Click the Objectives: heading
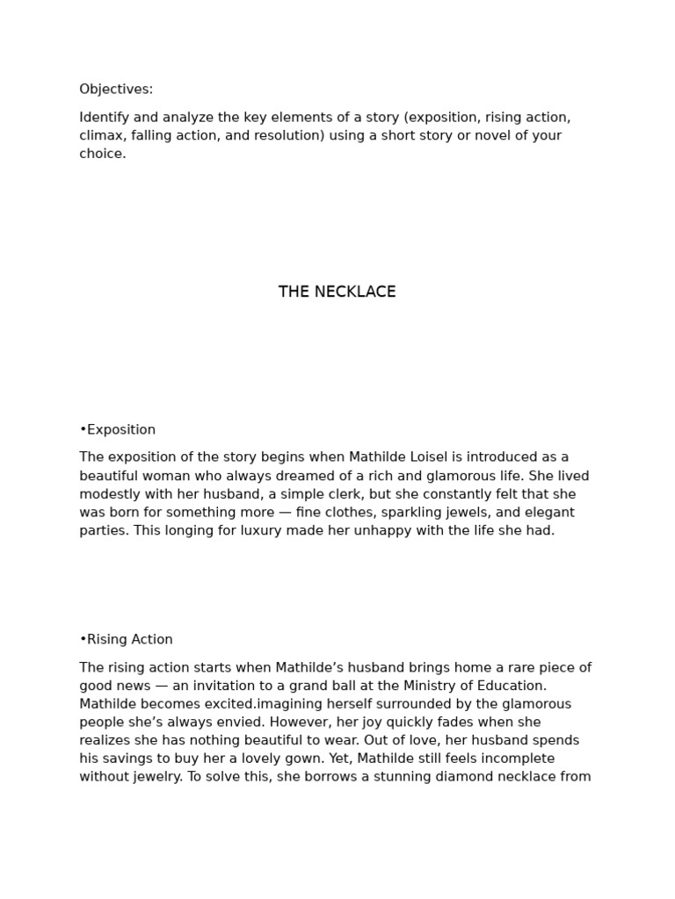(x=116, y=90)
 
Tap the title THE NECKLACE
(x=337, y=292)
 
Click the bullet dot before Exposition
(x=83, y=430)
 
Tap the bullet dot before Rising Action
(x=83, y=640)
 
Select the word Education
(x=510, y=686)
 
